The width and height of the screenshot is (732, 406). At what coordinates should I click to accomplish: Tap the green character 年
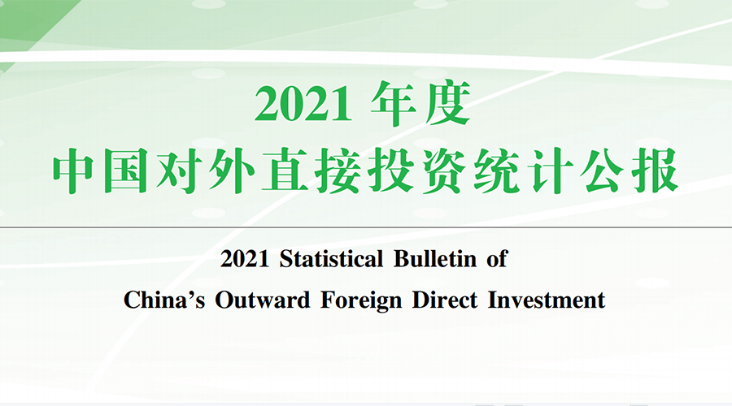coord(394,103)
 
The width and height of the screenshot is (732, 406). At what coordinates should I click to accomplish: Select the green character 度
coord(447,103)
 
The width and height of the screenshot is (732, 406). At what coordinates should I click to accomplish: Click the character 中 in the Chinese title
coord(75,171)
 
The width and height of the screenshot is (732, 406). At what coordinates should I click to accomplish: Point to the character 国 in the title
coord(126,171)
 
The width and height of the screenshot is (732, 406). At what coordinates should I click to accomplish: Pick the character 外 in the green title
coord(232,171)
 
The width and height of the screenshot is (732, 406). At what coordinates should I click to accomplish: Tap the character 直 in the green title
coord(285,171)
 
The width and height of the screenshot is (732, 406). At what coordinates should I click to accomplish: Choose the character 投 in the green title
coord(390,171)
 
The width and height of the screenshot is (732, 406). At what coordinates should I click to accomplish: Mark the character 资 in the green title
coord(443,171)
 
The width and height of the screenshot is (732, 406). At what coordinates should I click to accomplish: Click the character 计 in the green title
coord(550,171)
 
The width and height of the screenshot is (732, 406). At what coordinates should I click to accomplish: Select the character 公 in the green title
coord(602,171)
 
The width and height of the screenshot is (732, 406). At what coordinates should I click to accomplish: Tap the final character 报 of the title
coord(655,171)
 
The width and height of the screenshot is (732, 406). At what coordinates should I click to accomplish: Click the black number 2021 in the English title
coord(245,259)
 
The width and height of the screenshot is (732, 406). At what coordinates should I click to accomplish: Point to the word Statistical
coord(332,259)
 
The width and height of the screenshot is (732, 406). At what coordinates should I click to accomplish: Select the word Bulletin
coord(435,259)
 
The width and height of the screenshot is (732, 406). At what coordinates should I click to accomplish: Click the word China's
coord(164,300)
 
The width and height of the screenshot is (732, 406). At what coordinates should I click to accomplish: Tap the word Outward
coord(263,300)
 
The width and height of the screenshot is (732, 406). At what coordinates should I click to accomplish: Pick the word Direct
coord(445,300)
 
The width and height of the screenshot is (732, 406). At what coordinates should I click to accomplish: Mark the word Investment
coord(547,300)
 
